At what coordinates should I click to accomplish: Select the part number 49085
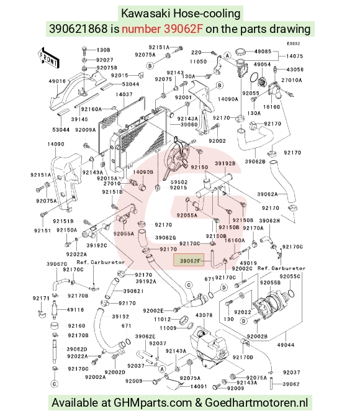point(263,51)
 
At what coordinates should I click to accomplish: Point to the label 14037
point(124,94)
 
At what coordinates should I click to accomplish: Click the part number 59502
point(179,182)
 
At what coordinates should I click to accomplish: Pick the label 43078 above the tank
point(204,315)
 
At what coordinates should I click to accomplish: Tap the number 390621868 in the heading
point(78,29)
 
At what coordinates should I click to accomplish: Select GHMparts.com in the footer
point(153,403)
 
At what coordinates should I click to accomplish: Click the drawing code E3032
point(293,43)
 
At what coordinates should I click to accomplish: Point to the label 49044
point(286,345)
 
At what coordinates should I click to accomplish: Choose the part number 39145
point(79,119)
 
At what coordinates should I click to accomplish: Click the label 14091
point(199,386)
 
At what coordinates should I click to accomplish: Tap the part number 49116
point(75,310)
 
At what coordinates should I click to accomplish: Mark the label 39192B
point(225,163)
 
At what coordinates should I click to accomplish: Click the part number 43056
point(295,70)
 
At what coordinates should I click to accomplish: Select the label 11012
point(163,319)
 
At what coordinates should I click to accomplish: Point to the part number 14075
point(294,56)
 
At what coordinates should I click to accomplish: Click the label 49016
point(57,81)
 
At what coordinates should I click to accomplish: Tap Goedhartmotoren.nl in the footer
point(256,403)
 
